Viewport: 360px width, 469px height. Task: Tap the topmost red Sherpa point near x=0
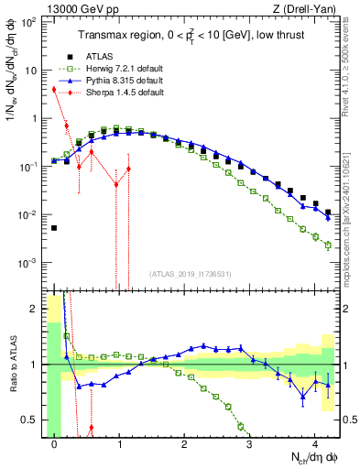coord(54,90)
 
